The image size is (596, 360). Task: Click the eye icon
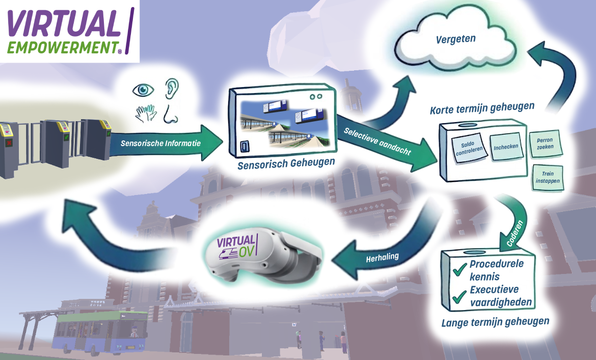143,90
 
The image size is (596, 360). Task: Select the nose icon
171,115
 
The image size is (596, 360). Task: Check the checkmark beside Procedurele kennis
460,266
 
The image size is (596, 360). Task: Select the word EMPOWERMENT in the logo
62,47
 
